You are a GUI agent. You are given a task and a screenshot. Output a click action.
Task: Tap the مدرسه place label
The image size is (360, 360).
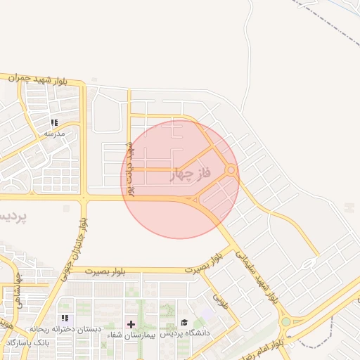click(x=54, y=133)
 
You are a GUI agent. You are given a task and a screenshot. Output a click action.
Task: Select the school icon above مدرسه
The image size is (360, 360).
click(x=55, y=122)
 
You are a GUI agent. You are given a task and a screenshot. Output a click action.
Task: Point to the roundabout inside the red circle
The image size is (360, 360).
click(x=231, y=169)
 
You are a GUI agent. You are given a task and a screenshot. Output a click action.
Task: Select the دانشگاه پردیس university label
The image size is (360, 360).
click(x=188, y=333)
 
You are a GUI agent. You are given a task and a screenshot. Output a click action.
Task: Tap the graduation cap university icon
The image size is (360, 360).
click(x=184, y=322)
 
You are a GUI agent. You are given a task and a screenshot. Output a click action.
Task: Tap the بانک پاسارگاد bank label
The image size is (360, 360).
click(x=27, y=342)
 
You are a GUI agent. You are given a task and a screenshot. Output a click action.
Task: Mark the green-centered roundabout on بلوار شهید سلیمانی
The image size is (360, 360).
click(x=285, y=322)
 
